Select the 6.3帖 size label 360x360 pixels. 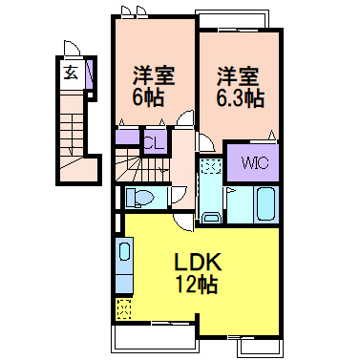click(240, 98)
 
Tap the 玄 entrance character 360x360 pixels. click(71, 72)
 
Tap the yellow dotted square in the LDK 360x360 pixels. click(123, 308)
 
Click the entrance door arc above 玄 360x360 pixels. click(72, 50)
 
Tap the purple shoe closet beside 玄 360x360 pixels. click(88, 74)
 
